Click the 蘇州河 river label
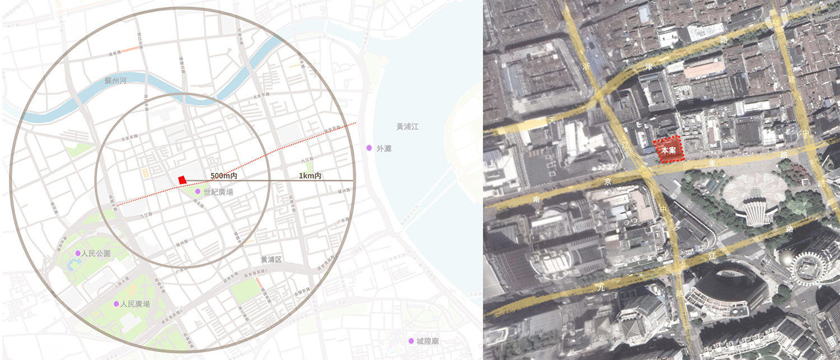pos(116,81)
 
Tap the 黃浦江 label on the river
pos(407,127)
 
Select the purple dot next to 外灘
pos(369,148)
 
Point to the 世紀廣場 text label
pos(218,191)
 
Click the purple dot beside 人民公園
pos(78,254)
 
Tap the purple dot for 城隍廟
pos(411,341)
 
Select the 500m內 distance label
pos(224,176)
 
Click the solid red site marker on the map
pos(182,179)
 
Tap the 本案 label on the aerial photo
pos(668,150)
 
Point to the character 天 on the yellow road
pos(552,120)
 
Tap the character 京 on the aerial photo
pos(608,181)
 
